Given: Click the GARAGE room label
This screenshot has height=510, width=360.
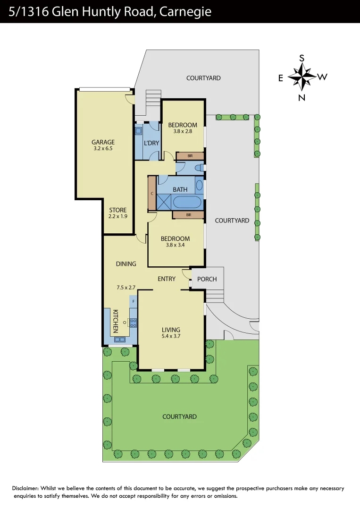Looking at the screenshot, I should (x=103, y=142).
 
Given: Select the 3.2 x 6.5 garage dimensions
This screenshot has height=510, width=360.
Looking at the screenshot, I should (x=103, y=148).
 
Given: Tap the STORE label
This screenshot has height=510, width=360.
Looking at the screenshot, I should (x=118, y=210).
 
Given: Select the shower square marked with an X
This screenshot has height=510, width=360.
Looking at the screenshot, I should (x=164, y=202).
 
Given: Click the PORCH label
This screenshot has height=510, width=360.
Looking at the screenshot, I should (x=207, y=279).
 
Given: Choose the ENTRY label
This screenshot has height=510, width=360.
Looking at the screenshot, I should (x=167, y=279).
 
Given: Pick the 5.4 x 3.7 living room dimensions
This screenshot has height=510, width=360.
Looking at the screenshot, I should (x=171, y=337).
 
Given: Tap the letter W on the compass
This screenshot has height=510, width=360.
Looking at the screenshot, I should (x=322, y=77).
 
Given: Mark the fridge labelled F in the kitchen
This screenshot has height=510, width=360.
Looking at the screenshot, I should (x=134, y=301).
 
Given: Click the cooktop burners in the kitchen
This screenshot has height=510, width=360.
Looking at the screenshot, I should (x=133, y=323).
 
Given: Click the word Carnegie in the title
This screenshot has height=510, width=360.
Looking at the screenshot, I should (x=185, y=12).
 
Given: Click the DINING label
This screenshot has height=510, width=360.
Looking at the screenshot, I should (x=126, y=264).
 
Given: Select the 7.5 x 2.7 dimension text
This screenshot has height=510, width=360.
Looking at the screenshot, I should (x=126, y=287).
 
